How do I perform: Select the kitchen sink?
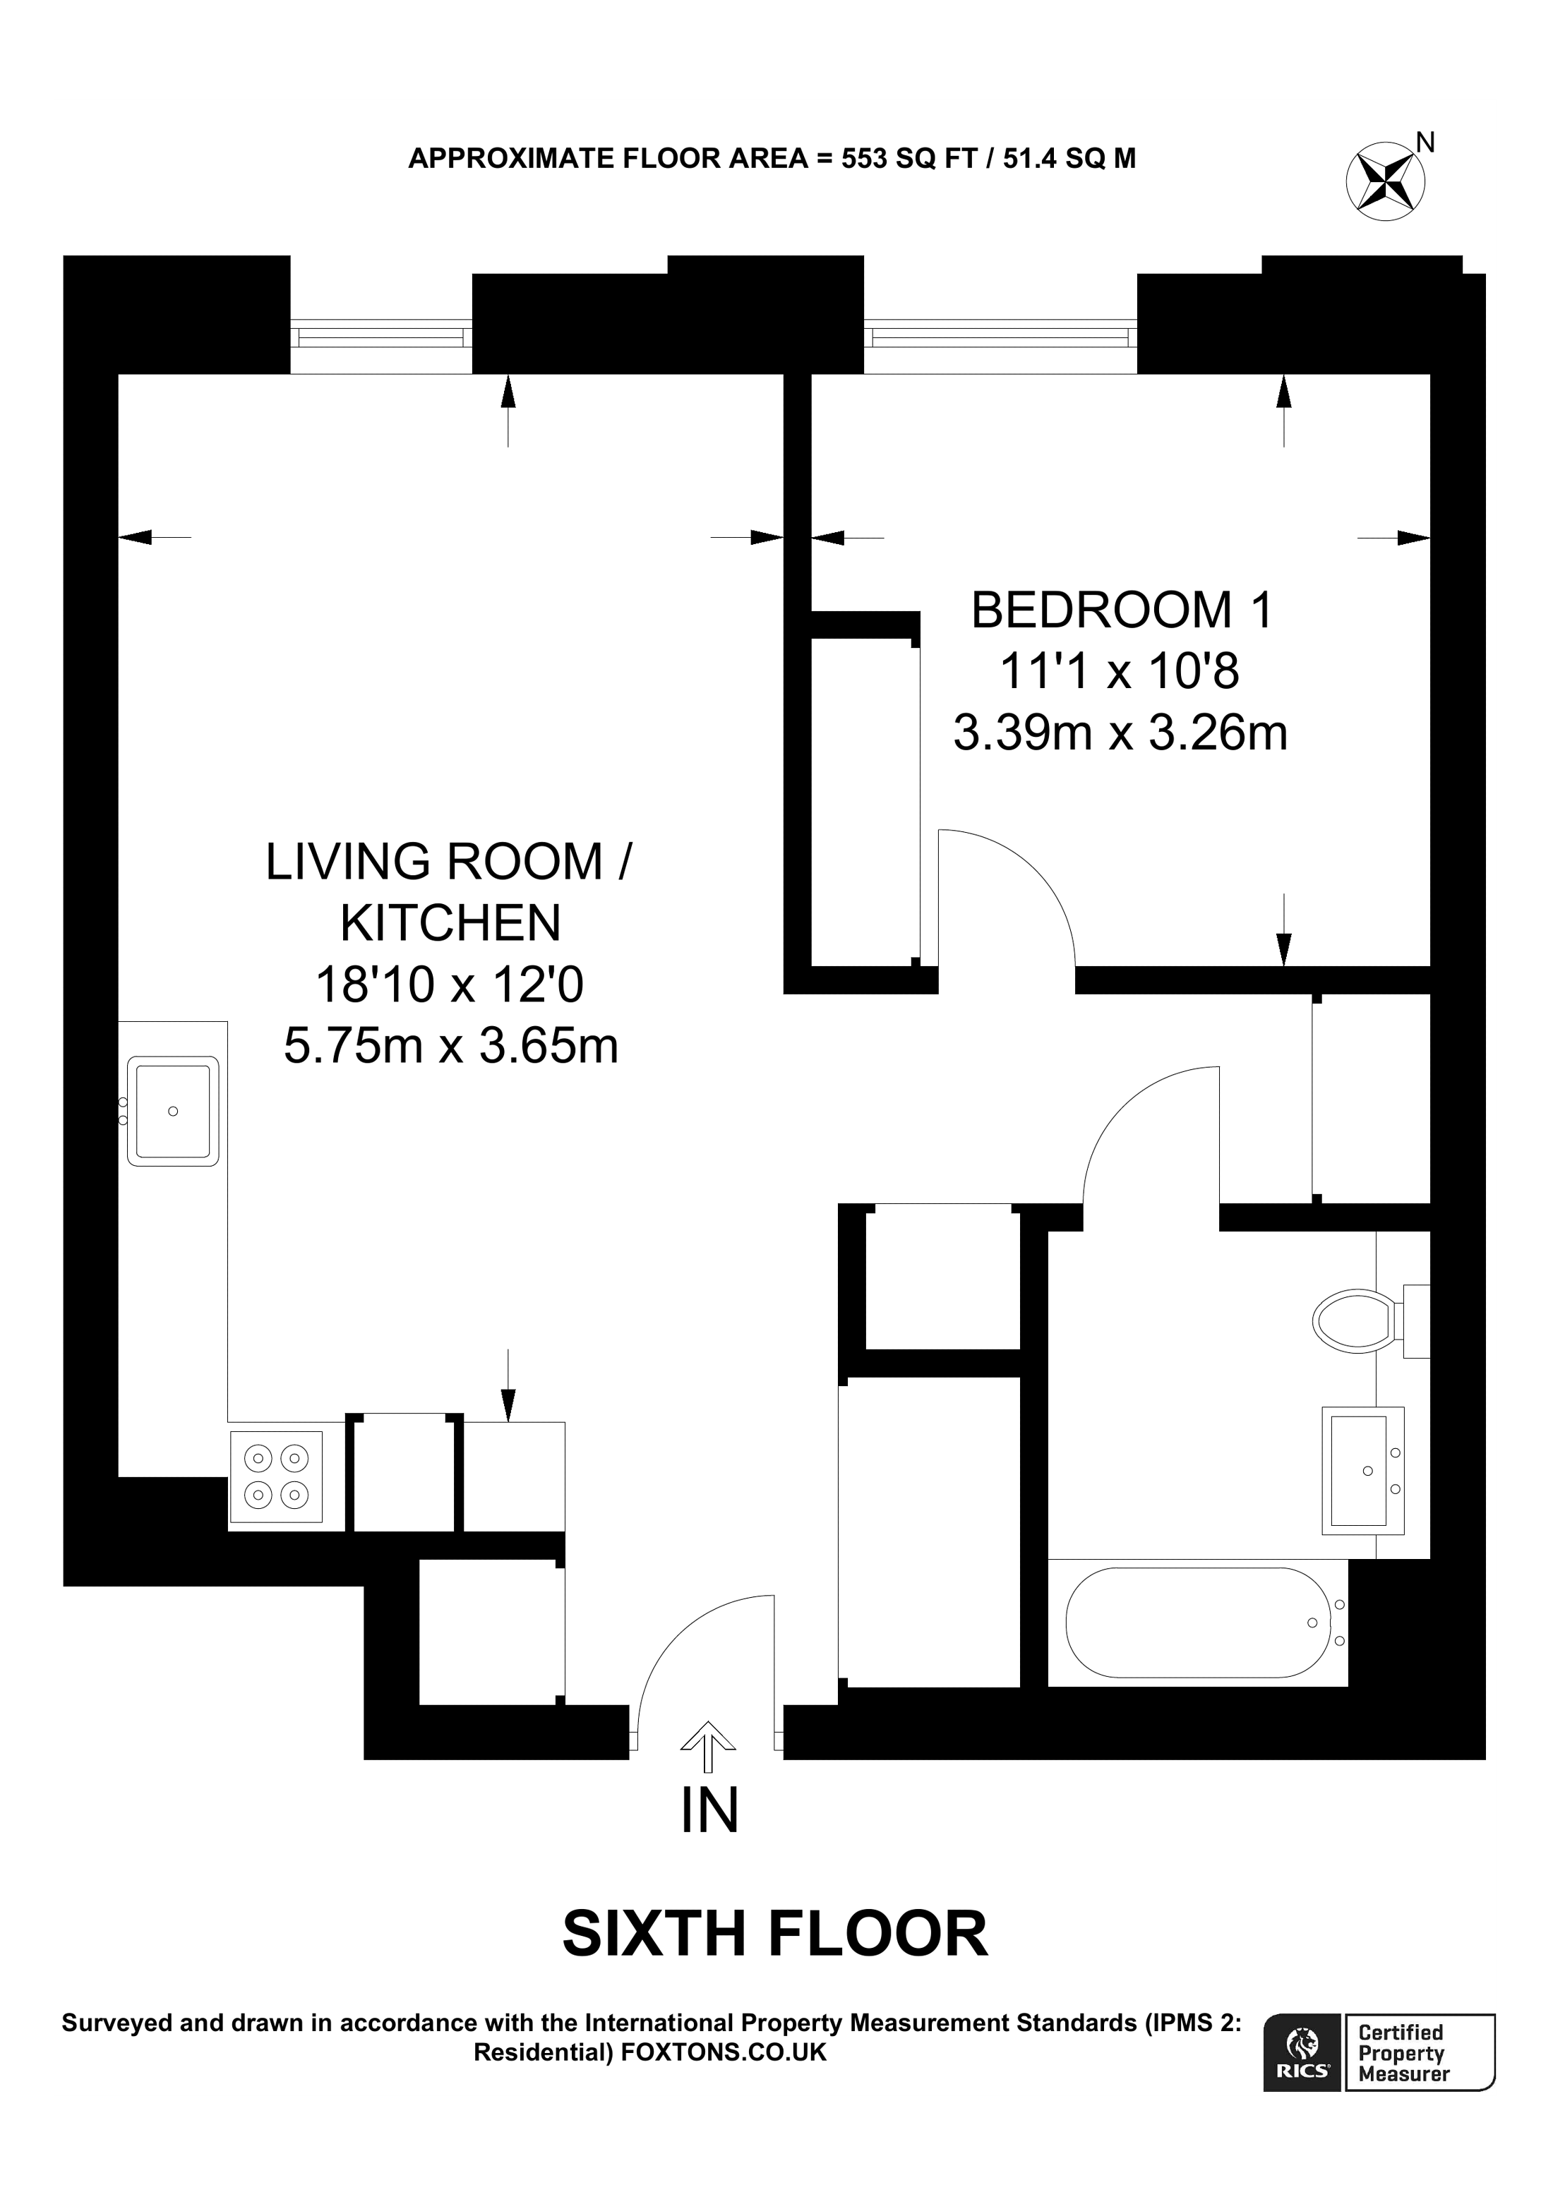pyautogui.click(x=173, y=1111)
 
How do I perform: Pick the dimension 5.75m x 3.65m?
pyautogui.click(x=450, y=1046)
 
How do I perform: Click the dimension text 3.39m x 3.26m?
pyautogui.click(x=1120, y=733)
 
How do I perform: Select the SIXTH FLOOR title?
pyautogui.click(x=774, y=1933)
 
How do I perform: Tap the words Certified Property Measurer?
pyautogui.click(x=1403, y=2052)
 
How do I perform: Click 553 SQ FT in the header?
pyautogui.click(x=907, y=158)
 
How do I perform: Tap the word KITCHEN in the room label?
pyautogui.click(x=450, y=922)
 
